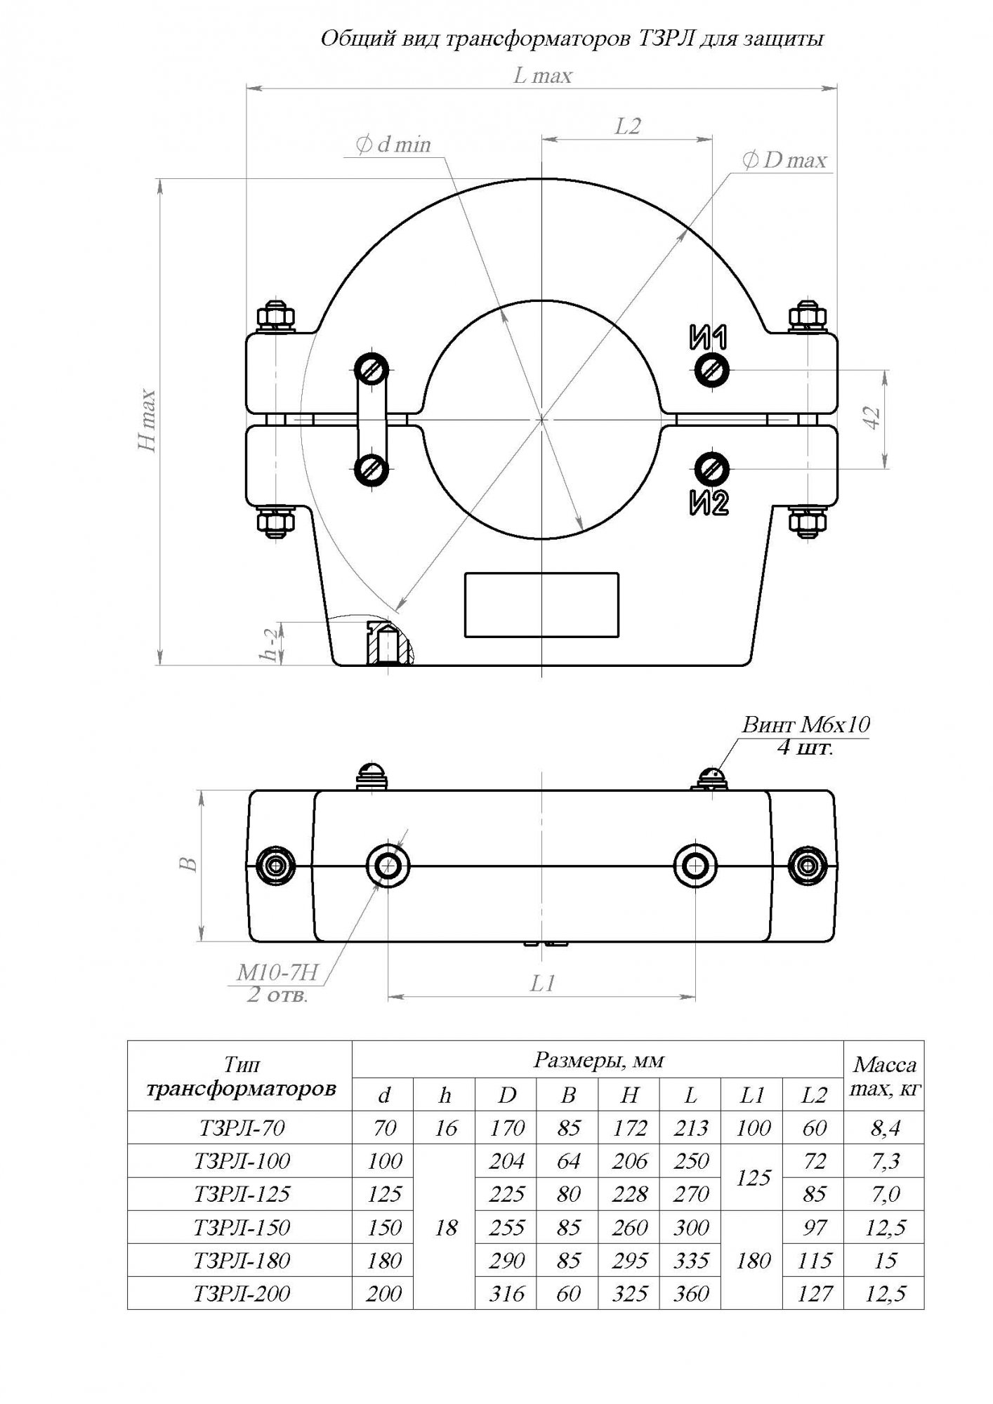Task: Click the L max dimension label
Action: point(543,76)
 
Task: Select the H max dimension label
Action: point(147,420)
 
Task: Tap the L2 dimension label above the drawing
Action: point(627,126)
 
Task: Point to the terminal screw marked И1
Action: point(712,369)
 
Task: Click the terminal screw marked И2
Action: point(712,468)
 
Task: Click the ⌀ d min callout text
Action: point(393,145)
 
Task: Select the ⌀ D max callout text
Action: point(784,161)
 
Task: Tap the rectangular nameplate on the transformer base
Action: point(541,604)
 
